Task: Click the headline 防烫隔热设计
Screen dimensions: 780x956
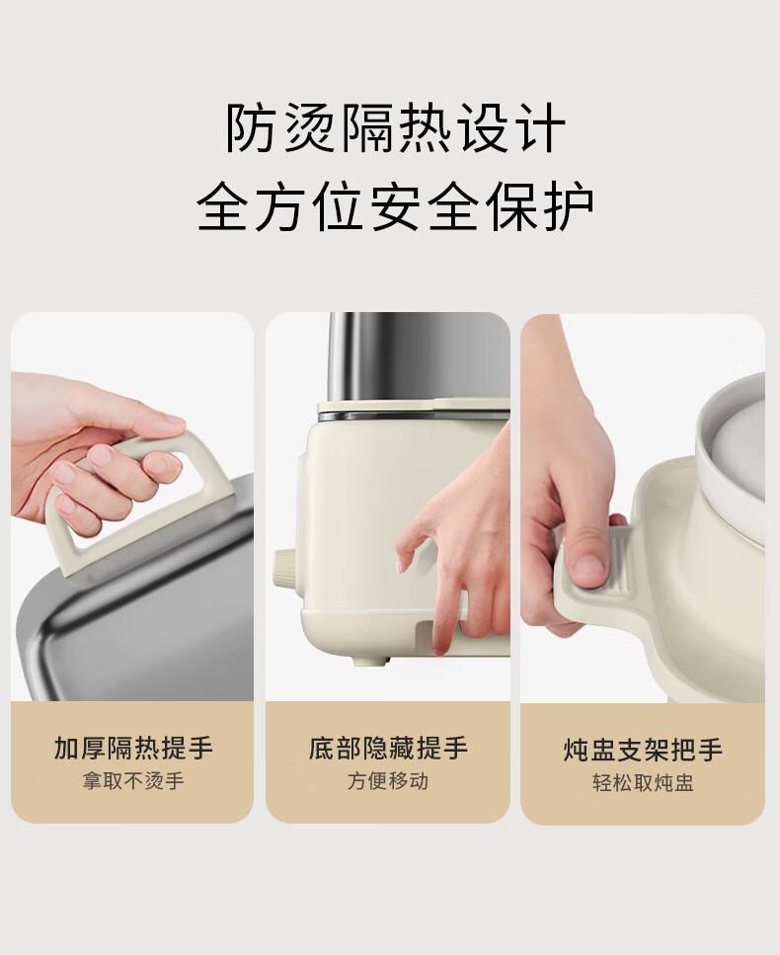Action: [x=395, y=128]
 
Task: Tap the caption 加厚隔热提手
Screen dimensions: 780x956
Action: [x=133, y=748]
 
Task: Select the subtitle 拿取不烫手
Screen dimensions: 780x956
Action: [x=133, y=781]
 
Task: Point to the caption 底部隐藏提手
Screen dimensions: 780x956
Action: [x=388, y=748]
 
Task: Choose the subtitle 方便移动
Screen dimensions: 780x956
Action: [x=388, y=781]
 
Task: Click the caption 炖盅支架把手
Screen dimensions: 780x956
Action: [x=643, y=750]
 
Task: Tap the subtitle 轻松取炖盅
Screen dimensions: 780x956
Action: [x=643, y=783]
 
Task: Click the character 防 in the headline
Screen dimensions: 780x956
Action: [x=249, y=128]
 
